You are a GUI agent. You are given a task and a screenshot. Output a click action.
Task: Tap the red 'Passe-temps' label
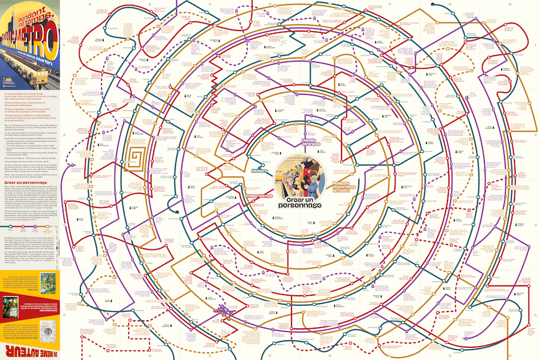(x=259, y=197)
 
